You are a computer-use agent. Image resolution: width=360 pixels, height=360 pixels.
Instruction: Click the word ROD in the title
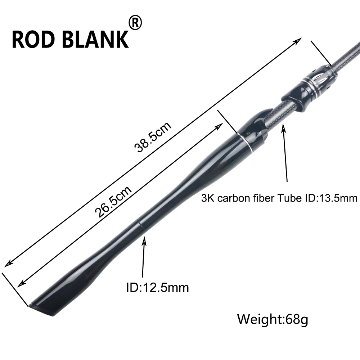click(35, 40)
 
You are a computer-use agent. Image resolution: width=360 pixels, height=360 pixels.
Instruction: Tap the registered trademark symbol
click(135, 22)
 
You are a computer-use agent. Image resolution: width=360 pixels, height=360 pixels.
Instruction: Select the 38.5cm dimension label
click(153, 136)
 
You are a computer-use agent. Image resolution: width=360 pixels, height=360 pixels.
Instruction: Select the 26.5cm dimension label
click(113, 201)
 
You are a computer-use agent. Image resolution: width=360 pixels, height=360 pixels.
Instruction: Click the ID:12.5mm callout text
click(158, 287)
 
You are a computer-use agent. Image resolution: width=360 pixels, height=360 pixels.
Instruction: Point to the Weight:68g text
click(273, 319)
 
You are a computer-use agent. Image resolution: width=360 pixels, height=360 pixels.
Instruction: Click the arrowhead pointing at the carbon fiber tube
click(284, 127)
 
